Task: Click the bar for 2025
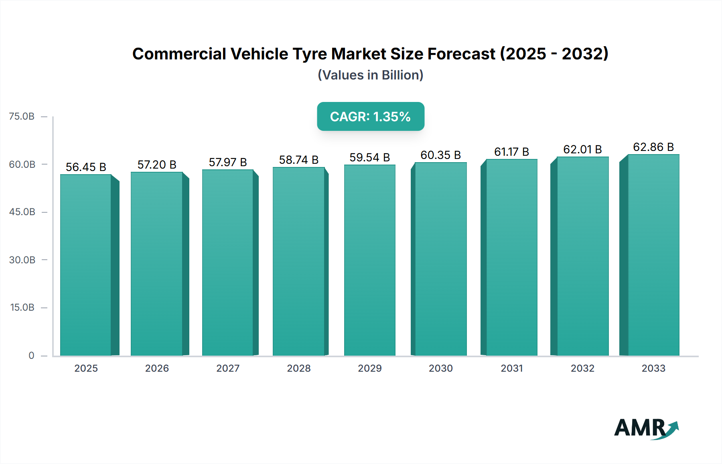pos(86,265)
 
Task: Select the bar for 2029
pos(369,260)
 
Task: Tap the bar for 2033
pos(653,255)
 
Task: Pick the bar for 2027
pos(227,263)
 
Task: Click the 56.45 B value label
pos(86,167)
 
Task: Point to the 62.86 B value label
pos(653,147)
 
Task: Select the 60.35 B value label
pos(440,155)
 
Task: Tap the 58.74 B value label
pos(299,160)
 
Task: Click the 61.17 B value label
pos(511,152)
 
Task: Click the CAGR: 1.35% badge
pos(371,116)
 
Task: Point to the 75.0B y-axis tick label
pos(22,116)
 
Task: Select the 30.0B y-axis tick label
pos(22,260)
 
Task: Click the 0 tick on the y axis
pos(31,355)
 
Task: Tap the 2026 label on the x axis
pos(157,368)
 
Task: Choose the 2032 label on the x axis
pos(582,368)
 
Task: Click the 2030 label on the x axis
pos(440,368)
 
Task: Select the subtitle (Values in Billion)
pos(371,75)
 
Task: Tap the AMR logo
pos(646,428)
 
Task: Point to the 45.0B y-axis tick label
pos(22,212)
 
